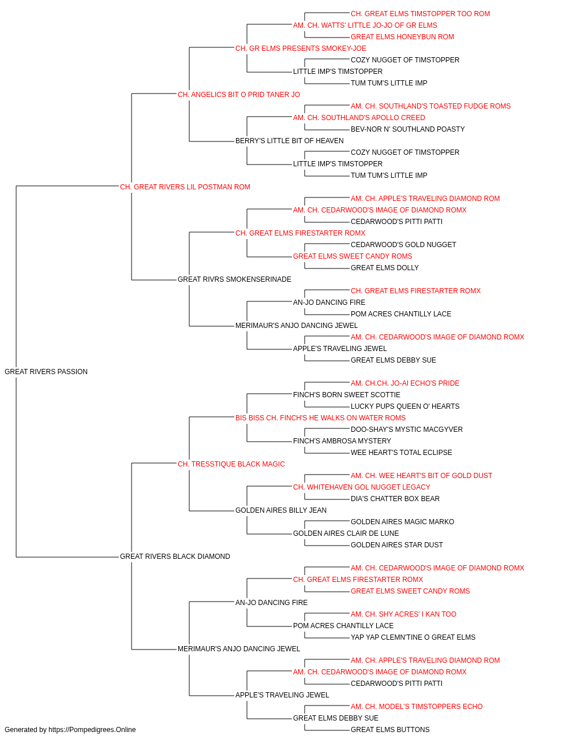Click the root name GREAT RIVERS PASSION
click(46, 371)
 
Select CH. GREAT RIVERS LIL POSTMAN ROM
click(185, 186)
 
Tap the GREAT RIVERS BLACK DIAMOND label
click(175, 557)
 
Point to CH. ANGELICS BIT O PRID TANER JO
click(238, 95)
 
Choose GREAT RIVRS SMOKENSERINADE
click(234, 279)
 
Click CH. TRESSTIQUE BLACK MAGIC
click(231, 464)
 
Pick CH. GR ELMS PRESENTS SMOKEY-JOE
click(301, 48)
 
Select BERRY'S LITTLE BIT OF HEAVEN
click(289, 141)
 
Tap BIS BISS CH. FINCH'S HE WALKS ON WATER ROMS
click(320, 417)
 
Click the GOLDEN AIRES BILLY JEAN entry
click(280, 510)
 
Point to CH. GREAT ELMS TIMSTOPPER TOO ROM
click(421, 14)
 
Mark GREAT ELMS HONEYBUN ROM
click(402, 37)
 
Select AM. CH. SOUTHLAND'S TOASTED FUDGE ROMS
click(430, 106)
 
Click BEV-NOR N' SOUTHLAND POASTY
click(407, 129)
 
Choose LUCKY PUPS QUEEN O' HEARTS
click(404, 406)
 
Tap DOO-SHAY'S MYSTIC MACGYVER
click(406, 429)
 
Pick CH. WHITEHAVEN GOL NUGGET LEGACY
click(362, 487)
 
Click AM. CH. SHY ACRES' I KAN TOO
click(403, 614)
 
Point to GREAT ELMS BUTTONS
click(390, 730)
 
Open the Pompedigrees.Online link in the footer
click(92, 730)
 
